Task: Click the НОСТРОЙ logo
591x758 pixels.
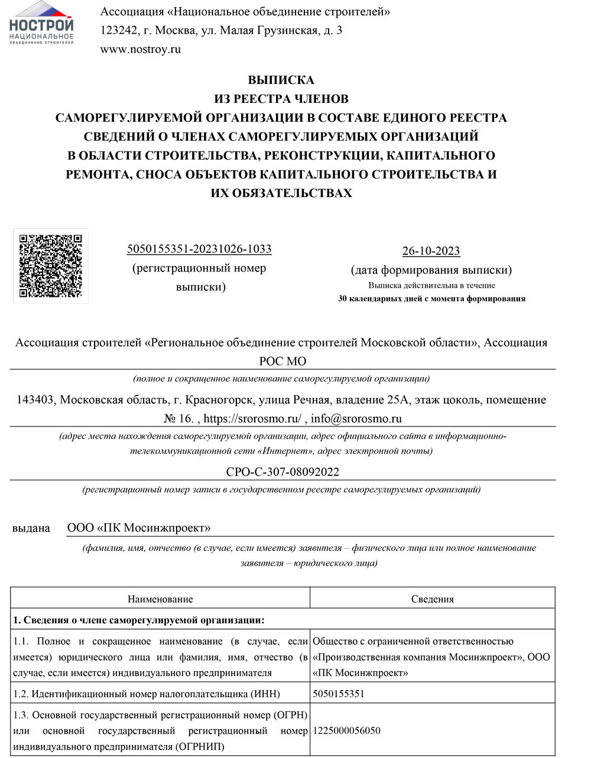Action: [41, 24]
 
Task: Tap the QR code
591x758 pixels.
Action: [51, 266]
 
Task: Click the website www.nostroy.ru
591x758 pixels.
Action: [141, 49]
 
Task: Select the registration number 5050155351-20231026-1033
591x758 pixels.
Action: [199, 249]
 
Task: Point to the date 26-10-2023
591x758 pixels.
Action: [431, 251]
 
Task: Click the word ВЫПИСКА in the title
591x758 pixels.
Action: [281, 80]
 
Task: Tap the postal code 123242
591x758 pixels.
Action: [119, 30]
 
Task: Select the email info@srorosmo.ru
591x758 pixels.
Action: [356, 419]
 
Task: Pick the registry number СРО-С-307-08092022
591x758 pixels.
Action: [282, 472]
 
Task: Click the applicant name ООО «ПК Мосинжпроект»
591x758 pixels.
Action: [139, 528]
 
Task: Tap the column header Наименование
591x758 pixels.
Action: [160, 599]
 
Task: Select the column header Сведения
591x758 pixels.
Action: [432, 599]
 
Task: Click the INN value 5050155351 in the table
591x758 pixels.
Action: [339, 694]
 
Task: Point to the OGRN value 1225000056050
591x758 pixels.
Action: [346, 730]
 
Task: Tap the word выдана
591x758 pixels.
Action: [31, 528]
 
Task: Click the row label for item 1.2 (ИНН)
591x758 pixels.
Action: [147, 694]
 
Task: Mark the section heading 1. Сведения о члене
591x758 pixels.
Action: [139, 620]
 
